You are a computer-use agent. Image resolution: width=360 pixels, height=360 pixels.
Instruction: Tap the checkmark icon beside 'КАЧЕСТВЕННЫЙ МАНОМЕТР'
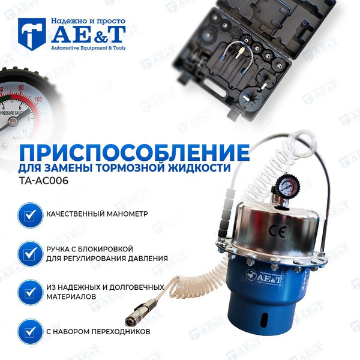pos(28,214)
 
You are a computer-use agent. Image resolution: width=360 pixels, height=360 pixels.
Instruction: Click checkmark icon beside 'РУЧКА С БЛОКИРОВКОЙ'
pos(28,253)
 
